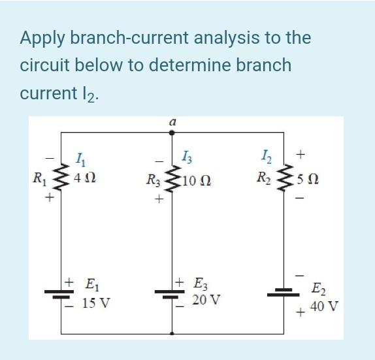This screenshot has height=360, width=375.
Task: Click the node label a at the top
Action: tap(172, 122)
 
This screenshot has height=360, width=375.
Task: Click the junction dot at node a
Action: tap(172, 133)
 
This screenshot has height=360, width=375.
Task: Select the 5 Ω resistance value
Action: tap(306, 177)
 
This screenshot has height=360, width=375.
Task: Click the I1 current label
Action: tap(80, 157)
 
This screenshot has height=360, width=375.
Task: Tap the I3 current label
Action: tap(186, 157)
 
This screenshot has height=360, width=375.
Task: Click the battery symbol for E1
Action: tap(61, 293)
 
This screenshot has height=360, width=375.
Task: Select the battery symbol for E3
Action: tap(172, 293)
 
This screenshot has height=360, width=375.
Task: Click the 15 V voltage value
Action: tap(97, 304)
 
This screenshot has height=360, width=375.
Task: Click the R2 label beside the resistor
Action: tap(263, 177)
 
